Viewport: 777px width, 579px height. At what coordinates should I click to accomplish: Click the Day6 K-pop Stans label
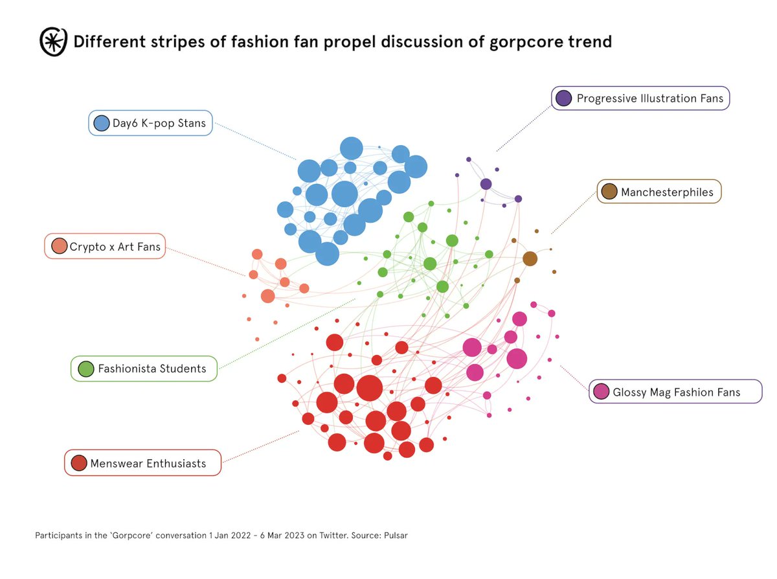click(159, 123)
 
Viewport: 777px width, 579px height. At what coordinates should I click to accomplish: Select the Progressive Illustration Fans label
click(649, 98)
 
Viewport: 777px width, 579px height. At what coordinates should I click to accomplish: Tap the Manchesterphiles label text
click(667, 192)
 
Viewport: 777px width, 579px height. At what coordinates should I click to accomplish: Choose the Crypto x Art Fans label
click(115, 246)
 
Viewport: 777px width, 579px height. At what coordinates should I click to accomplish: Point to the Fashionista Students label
click(152, 369)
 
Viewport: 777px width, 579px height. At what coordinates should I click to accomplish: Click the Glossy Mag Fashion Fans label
click(676, 392)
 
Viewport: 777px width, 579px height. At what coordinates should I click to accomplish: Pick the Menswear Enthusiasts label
click(148, 463)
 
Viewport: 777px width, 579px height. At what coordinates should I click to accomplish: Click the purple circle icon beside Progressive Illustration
click(563, 98)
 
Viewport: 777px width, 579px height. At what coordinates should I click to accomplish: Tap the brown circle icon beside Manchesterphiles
click(609, 192)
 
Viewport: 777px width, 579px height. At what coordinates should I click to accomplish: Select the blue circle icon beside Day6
click(101, 123)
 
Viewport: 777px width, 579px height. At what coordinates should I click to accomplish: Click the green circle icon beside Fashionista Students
click(85, 369)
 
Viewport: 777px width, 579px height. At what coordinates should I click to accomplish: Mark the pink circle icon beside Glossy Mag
click(601, 391)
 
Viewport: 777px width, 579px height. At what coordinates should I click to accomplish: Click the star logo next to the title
click(52, 41)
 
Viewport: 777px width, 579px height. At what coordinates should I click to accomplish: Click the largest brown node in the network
click(530, 258)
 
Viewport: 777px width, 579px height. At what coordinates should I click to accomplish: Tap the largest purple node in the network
click(486, 184)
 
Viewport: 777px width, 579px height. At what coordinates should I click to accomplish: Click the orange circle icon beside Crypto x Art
click(59, 246)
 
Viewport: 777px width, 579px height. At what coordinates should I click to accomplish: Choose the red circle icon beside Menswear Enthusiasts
click(79, 463)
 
